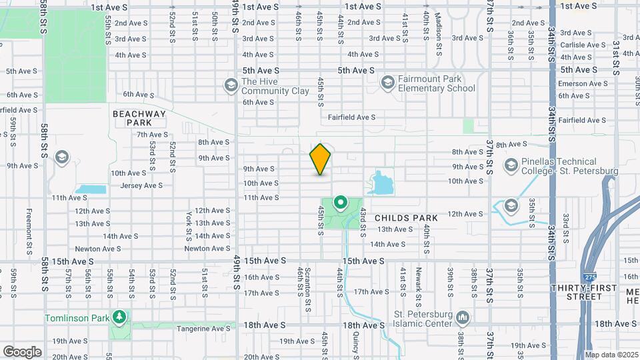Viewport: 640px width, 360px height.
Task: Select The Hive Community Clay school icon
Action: tap(231, 85)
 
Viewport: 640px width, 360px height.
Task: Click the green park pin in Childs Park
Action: tap(340, 203)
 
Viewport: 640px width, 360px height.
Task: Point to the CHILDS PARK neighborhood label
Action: tap(406, 218)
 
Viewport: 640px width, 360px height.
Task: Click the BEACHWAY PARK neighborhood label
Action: tap(139, 119)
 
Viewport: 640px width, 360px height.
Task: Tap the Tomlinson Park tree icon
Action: tap(120, 317)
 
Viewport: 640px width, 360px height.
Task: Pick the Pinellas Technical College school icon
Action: tap(511, 165)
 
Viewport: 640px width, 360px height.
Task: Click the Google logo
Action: tap(22, 351)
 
